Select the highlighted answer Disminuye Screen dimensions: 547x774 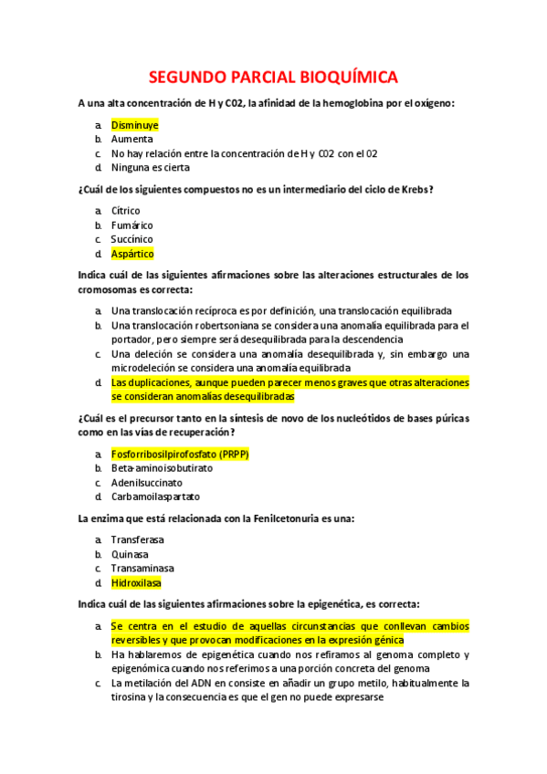pos(134,125)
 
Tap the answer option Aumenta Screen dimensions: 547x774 pos(131,140)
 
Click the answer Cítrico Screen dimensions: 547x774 pos(126,211)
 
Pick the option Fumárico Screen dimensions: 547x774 pos(131,225)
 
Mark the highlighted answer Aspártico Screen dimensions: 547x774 pos(132,254)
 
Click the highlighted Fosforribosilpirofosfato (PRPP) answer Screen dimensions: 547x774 pos(180,454)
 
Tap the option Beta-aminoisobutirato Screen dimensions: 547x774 pos(162,468)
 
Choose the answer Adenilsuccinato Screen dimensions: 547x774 pos(146,482)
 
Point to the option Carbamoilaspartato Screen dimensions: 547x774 pos(155,497)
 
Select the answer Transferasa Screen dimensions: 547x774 pos(140,539)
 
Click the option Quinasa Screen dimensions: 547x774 pos(130,554)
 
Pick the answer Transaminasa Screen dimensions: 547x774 pos(142,568)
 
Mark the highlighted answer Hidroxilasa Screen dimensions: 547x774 pos(138,582)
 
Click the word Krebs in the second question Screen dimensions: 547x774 pos(413,190)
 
